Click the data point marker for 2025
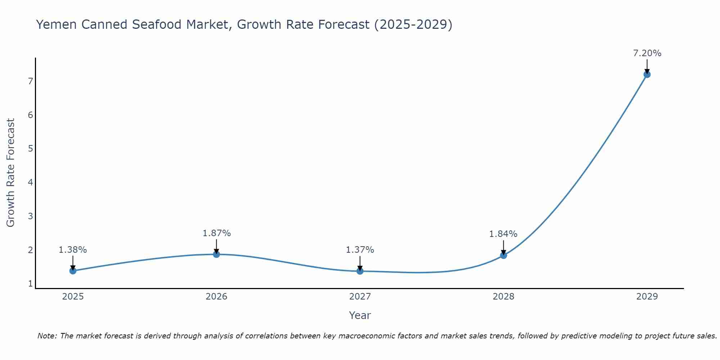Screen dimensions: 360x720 click(73, 271)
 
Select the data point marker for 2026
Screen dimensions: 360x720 click(216, 254)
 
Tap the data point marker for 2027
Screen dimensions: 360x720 click(360, 271)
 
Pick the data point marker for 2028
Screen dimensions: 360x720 click(503, 255)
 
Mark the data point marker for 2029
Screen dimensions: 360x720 click(647, 75)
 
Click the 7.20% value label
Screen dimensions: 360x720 click(647, 53)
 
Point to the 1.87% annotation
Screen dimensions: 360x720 click(216, 233)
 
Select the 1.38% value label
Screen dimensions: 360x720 click(73, 250)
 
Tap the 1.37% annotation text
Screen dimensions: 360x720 click(360, 250)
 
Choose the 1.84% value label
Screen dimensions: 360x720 click(503, 234)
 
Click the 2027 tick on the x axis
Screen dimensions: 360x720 click(360, 297)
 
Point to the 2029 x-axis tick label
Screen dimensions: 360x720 click(647, 297)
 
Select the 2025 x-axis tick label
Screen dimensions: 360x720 click(73, 297)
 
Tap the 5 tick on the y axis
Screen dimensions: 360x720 click(31, 149)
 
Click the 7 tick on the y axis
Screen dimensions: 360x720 click(31, 81)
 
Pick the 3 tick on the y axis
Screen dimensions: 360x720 click(31, 216)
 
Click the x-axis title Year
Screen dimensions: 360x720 click(360, 315)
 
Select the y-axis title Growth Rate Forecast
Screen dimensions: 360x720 click(11, 173)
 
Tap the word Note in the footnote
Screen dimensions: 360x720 click(47, 336)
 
